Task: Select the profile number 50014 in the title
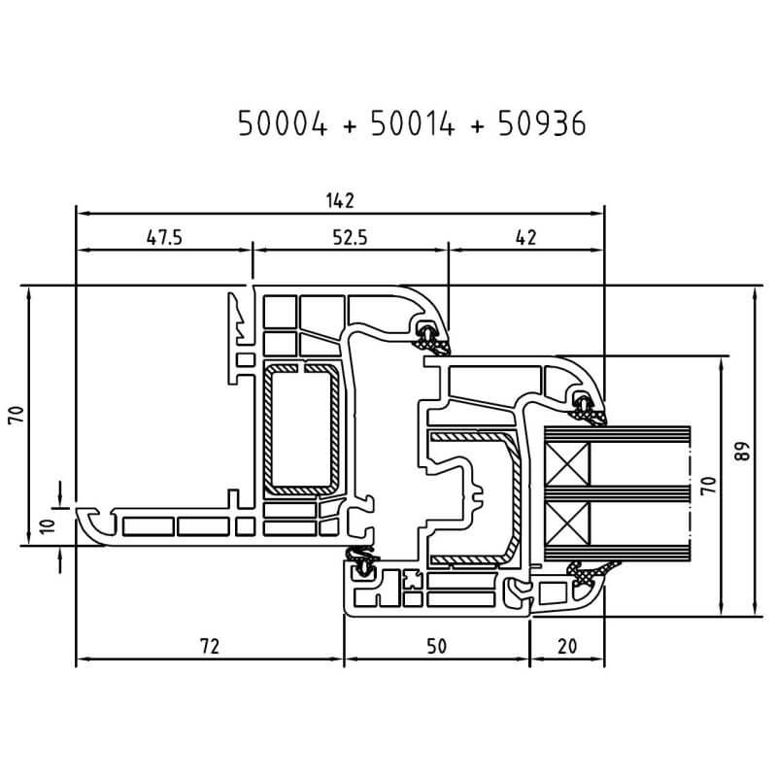pyautogui.click(x=412, y=125)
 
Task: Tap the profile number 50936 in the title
pyautogui.click(x=543, y=125)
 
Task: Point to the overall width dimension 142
pyautogui.click(x=340, y=199)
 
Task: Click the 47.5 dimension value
pyautogui.click(x=164, y=237)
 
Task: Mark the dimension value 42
pyautogui.click(x=525, y=237)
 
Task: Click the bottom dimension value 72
pyautogui.click(x=210, y=645)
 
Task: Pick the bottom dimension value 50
pyautogui.click(x=436, y=645)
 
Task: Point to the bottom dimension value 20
pyautogui.click(x=566, y=645)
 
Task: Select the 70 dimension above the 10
pyautogui.click(x=15, y=416)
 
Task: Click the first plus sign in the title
pyautogui.click(x=347, y=126)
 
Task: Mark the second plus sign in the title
pyautogui.click(x=477, y=126)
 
